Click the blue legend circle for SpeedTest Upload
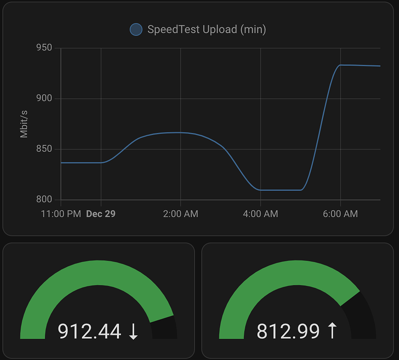pos(136,30)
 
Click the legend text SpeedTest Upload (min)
pos(207,30)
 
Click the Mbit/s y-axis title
pos(24,124)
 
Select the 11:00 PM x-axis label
pos(61,214)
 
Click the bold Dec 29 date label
pos(101,214)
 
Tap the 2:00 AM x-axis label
pos(180,214)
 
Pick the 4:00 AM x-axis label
pos(260,214)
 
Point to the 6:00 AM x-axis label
pos(340,214)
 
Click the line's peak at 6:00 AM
pos(340,65)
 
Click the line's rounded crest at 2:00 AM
pos(180,132)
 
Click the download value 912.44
pos(90,331)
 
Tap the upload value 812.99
pos(288,331)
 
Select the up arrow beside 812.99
pos(331,331)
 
